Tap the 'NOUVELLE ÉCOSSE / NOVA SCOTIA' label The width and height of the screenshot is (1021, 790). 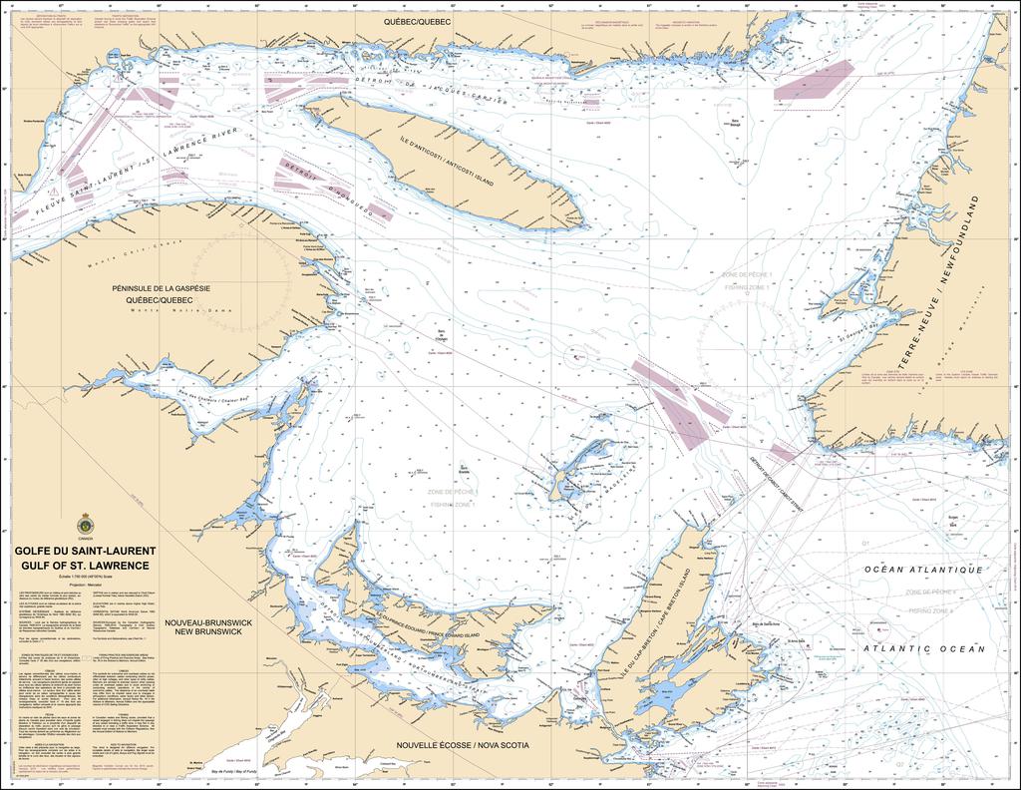(x=460, y=745)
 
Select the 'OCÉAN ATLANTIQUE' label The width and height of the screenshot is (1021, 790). (x=923, y=570)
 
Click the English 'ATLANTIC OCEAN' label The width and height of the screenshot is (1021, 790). (x=924, y=648)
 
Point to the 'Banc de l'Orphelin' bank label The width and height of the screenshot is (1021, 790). (x=440, y=337)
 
